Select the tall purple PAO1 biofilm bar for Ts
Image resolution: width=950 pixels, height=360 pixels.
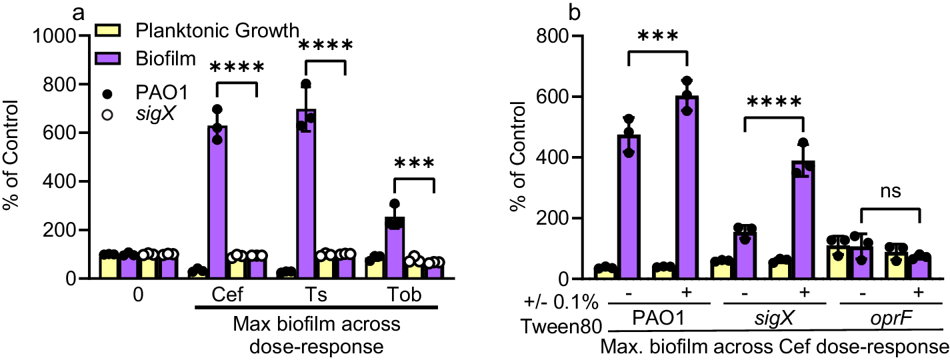[306, 193]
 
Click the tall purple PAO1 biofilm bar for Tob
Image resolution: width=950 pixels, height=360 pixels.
[394, 247]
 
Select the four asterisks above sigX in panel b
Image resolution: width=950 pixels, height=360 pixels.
[774, 103]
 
